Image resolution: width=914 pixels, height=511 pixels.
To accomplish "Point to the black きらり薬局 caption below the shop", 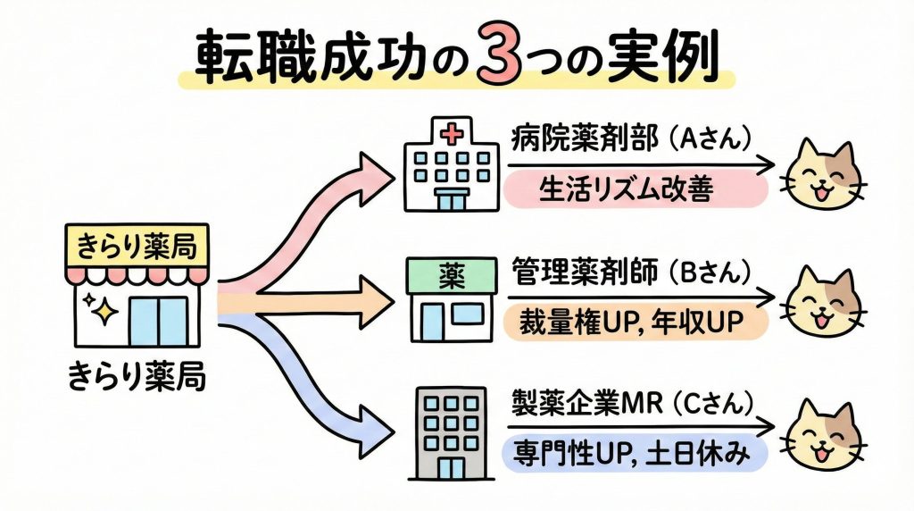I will point(137,378).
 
